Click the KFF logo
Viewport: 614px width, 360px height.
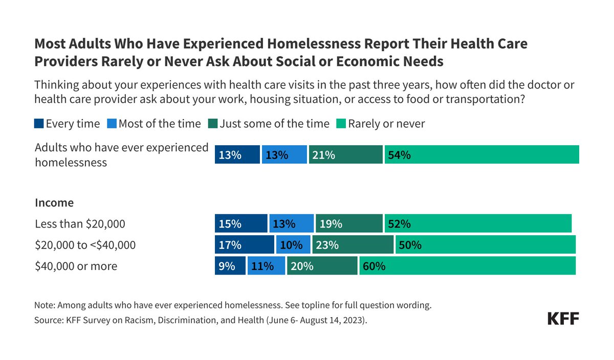click(563, 319)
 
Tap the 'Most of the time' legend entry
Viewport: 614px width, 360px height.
click(155, 124)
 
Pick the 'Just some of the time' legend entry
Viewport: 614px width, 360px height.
click(269, 124)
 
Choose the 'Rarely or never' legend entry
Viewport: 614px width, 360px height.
click(380, 124)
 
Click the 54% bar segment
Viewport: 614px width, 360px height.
click(481, 154)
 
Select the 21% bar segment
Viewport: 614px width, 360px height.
click(345, 154)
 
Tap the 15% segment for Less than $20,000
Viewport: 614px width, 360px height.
click(241, 223)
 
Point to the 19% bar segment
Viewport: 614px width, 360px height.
click(349, 223)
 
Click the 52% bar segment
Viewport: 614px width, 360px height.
click(478, 223)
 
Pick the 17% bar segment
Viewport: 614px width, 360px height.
click(244, 244)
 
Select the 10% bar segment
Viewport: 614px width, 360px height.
click(293, 244)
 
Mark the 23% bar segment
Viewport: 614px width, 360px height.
click(353, 244)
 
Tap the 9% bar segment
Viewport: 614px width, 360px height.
click(230, 266)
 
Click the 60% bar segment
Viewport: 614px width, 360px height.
click(467, 266)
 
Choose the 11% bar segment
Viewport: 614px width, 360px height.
click(266, 266)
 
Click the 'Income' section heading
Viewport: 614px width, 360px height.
click(54, 203)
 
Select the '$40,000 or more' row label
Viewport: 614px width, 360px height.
click(76, 266)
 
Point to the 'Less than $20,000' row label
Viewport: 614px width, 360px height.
click(80, 224)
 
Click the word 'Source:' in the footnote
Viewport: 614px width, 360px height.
click(48, 321)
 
